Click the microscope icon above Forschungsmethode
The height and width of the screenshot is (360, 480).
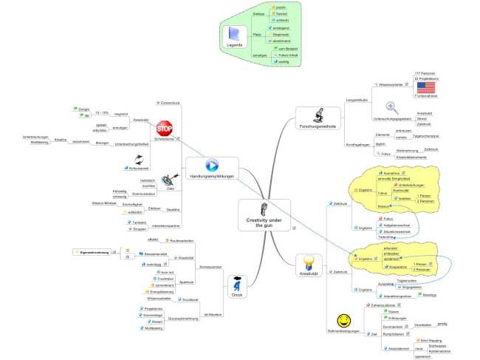320,116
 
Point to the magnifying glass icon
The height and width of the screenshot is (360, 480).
392,106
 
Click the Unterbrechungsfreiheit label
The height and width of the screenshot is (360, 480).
131,143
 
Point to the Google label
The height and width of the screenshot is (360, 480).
84,109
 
